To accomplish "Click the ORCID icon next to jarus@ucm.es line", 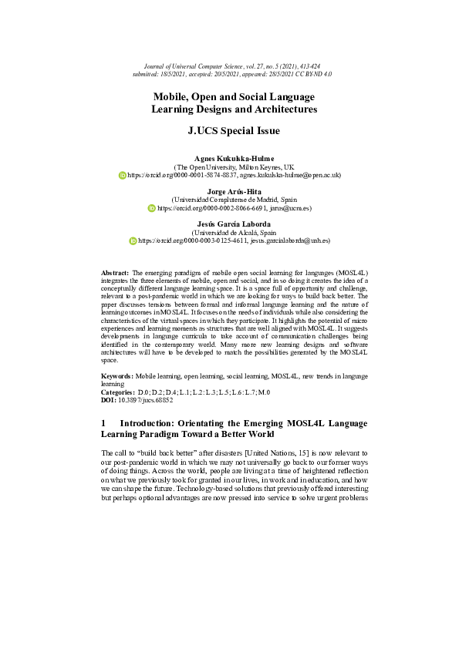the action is pyautogui.click(x=151, y=208).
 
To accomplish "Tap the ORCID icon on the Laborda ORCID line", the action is pyautogui.click(x=133, y=241).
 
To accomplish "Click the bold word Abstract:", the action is pyautogui.click(x=116, y=274).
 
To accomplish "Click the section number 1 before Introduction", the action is pyautogui.click(x=104, y=423).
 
